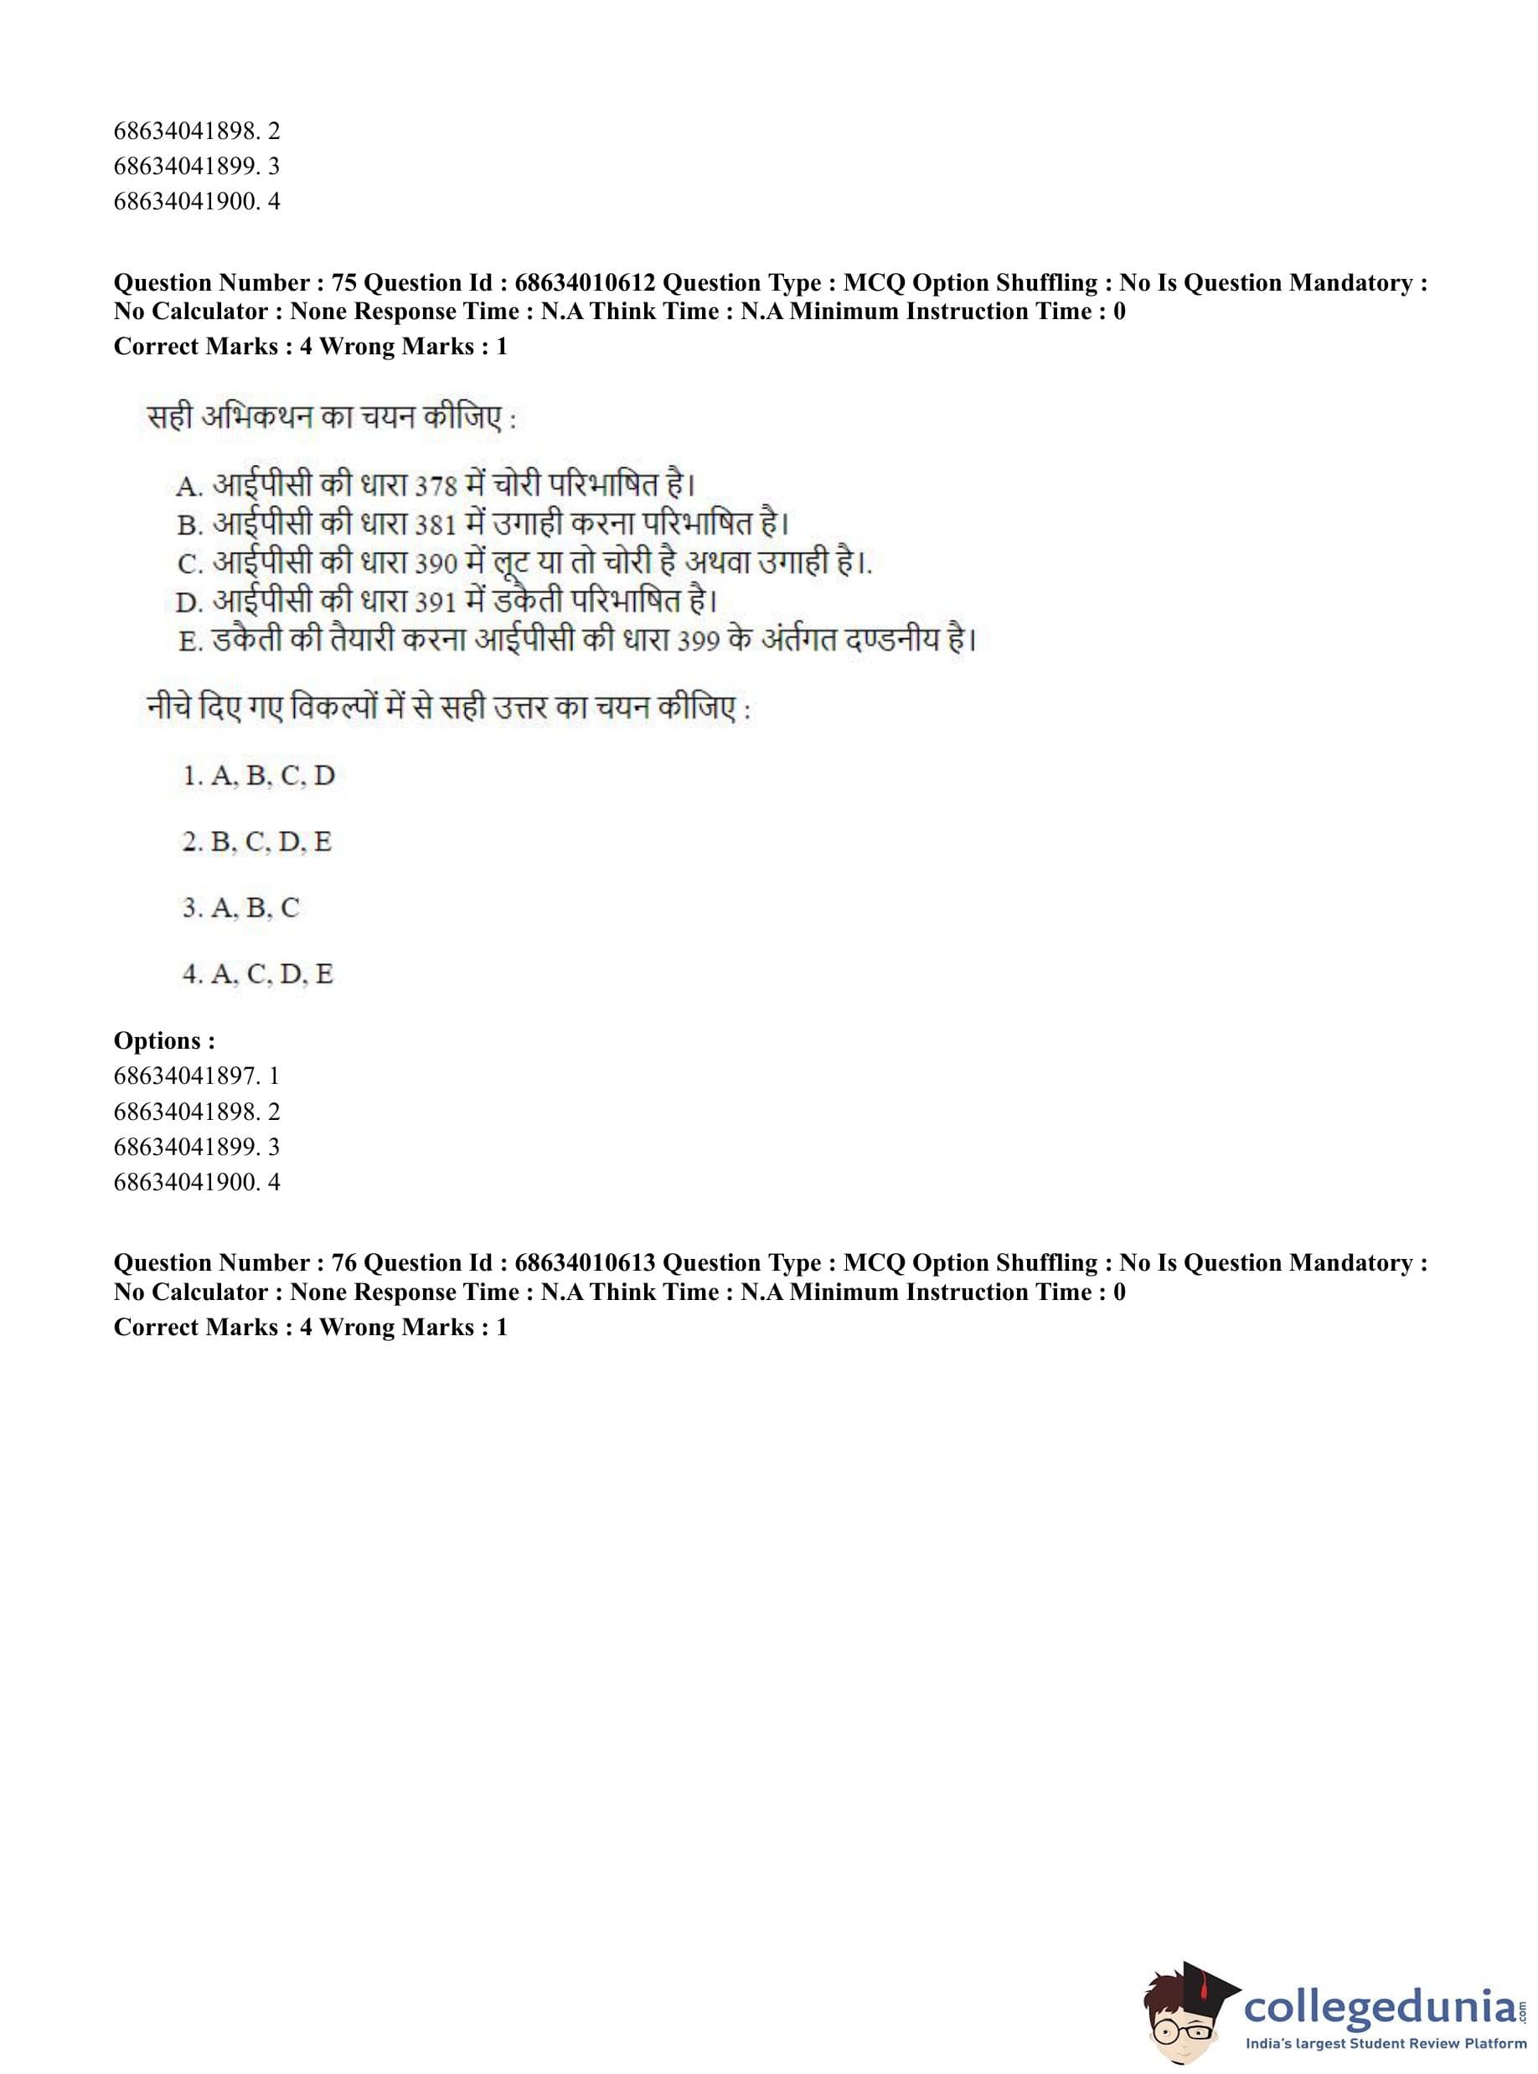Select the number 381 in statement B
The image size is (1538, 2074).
(435, 526)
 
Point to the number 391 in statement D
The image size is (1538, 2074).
(435, 603)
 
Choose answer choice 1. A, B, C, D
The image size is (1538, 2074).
(258, 776)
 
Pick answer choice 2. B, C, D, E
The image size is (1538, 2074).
(257, 842)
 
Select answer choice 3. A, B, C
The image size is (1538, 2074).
(241, 908)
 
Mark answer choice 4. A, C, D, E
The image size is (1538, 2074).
(258, 973)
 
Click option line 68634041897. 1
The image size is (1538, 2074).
(197, 1076)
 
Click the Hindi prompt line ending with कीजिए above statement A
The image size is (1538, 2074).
(331, 418)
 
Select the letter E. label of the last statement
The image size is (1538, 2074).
(190, 642)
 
